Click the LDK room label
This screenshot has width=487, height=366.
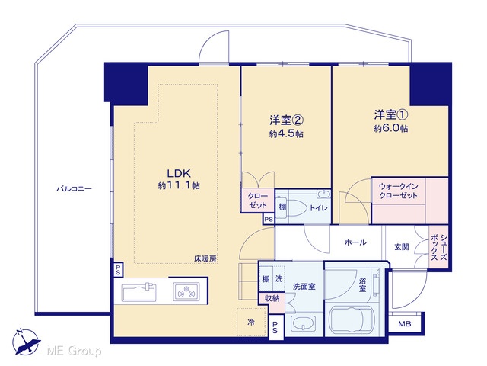pos(179,173)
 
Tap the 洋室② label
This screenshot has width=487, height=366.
pos(286,120)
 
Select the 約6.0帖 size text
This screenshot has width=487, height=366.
pos(390,129)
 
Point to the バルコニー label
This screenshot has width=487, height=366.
pos(75,188)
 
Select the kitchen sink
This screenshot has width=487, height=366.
pos(139,291)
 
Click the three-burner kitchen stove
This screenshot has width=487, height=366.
pos(186,291)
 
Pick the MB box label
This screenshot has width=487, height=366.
pos(405,324)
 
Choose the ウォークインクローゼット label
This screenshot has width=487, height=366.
pos(398,191)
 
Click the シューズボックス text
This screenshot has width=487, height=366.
pos(439,247)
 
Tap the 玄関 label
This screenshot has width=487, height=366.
pos(401,247)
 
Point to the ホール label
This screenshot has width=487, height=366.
pos(355,242)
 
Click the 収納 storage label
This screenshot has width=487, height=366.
pos(272,298)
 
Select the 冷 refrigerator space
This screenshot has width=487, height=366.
pos(252,322)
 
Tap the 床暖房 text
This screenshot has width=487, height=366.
pos(205,258)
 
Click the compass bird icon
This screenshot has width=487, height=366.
pos(26,342)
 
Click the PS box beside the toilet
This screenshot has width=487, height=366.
pos(269,219)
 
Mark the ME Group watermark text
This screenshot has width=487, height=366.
pos(74,351)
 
